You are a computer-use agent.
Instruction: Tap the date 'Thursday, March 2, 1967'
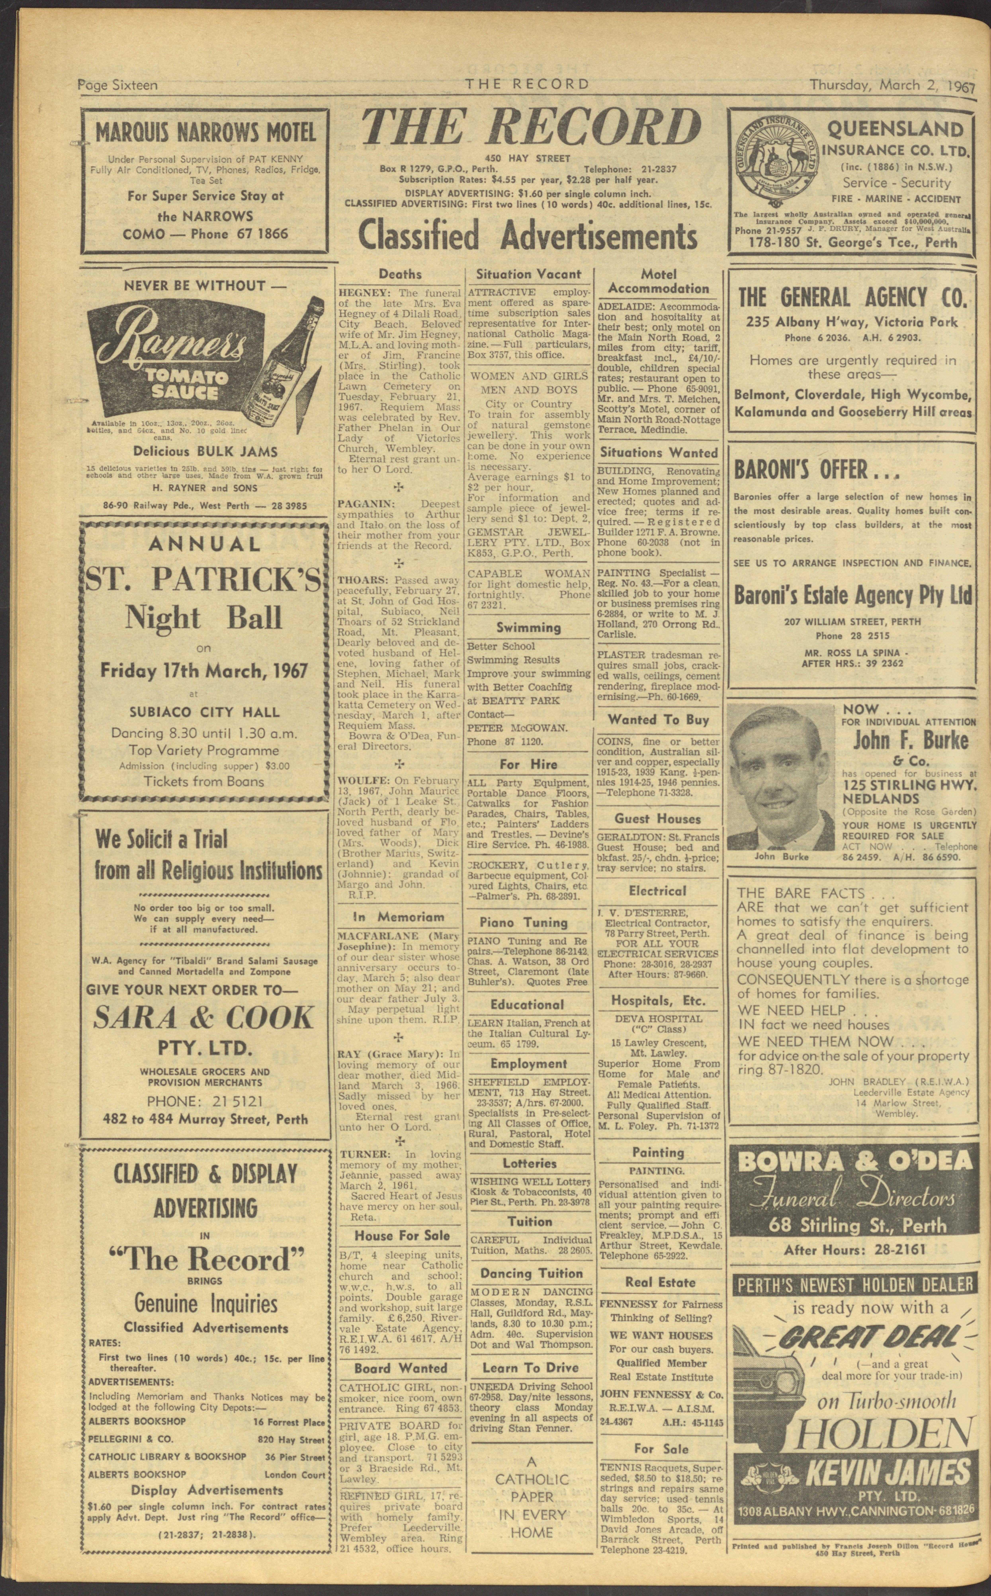(x=891, y=85)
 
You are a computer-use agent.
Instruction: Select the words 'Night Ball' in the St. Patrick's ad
(x=204, y=618)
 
